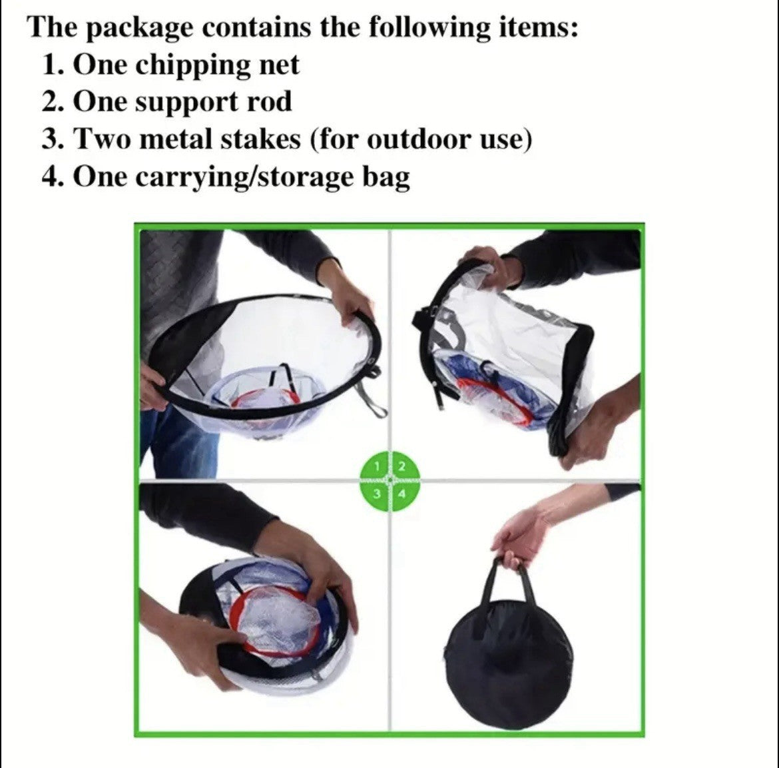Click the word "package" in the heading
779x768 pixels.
tap(140, 28)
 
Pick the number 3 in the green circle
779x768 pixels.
tap(378, 494)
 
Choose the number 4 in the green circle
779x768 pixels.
tap(401, 494)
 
